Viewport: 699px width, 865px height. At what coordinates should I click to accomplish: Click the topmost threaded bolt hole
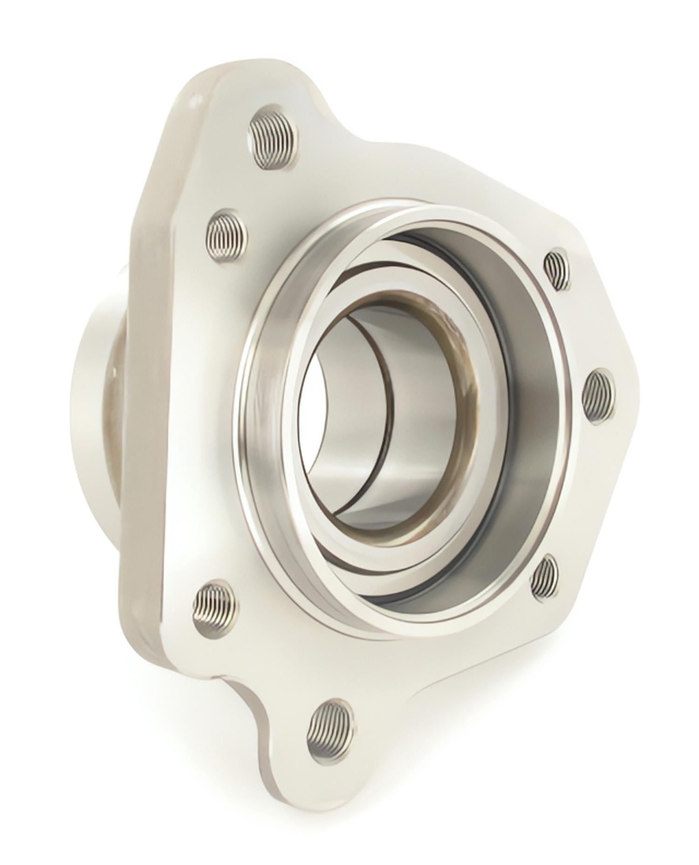[274, 141]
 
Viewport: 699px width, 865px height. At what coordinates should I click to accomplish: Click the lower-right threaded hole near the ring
[545, 577]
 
